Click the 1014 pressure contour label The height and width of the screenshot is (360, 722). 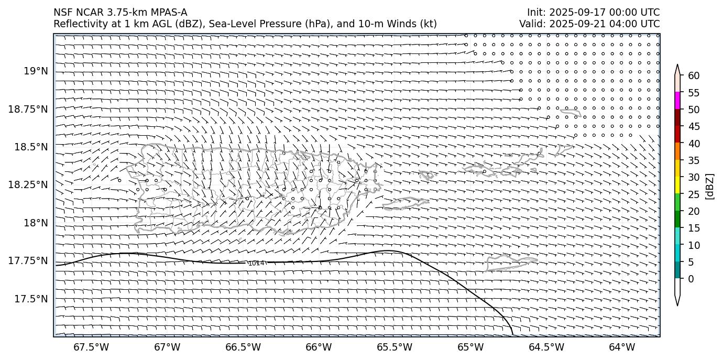[x=256, y=263]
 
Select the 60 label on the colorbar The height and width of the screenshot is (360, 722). [x=694, y=76]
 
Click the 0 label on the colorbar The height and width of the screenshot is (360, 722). [x=691, y=279]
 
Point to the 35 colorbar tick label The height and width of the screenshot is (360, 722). [x=694, y=160]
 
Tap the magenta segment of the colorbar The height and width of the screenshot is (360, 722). [x=677, y=101]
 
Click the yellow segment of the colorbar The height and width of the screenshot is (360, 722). [x=677, y=185]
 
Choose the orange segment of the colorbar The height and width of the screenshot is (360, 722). [x=677, y=151]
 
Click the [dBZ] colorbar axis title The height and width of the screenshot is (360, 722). [x=710, y=186]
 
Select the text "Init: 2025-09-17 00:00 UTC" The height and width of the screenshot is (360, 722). [x=593, y=13]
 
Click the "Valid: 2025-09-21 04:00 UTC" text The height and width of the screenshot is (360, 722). [x=589, y=24]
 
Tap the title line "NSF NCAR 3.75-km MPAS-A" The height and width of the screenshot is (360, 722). [x=120, y=13]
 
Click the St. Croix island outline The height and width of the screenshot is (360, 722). [x=511, y=261]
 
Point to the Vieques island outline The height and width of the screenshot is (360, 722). [x=406, y=203]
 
